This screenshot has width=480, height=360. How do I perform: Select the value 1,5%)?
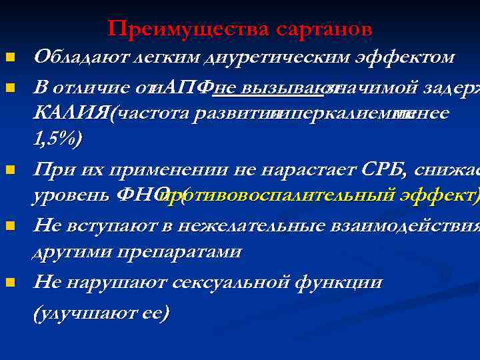[x=57, y=139]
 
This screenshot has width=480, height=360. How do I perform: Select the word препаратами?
[x=193, y=253]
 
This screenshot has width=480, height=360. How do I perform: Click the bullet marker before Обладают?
[x=9, y=59]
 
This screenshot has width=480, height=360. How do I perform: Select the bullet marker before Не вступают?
[x=9, y=226]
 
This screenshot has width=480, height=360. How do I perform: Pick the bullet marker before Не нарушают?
[x=9, y=283]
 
